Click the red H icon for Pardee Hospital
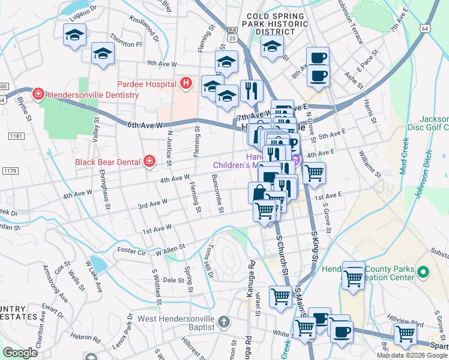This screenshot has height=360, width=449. coord(186,83)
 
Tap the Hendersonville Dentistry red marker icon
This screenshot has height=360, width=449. coord(38,94)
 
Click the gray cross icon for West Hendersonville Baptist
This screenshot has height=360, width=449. coord(223,322)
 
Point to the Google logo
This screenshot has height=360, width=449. coord(20,353)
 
